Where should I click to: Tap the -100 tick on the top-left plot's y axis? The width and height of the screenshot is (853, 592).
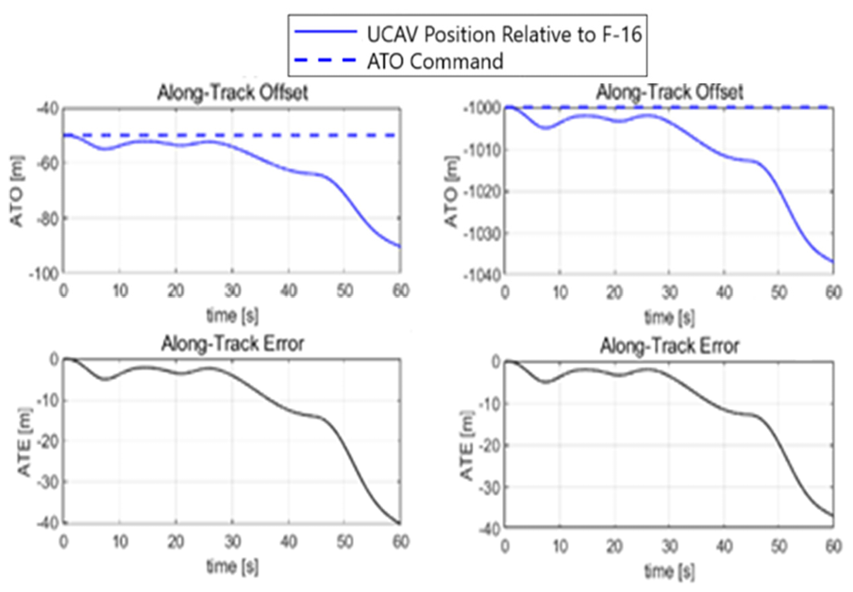tap(42, 273)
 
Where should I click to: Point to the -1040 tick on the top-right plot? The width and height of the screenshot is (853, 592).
tap(479, 274)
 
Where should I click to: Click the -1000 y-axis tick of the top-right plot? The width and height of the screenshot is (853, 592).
tap(479, 107)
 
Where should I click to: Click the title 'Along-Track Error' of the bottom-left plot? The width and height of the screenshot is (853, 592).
tap(231, 344)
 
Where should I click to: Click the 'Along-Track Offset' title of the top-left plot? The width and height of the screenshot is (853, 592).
tap(231, 92)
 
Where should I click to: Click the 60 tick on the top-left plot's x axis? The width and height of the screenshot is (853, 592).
tap(401, 289)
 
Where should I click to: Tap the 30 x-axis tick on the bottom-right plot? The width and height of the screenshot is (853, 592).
tap(669, 547)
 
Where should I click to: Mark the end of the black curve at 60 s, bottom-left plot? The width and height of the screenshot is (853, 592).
tap(401, 523)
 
